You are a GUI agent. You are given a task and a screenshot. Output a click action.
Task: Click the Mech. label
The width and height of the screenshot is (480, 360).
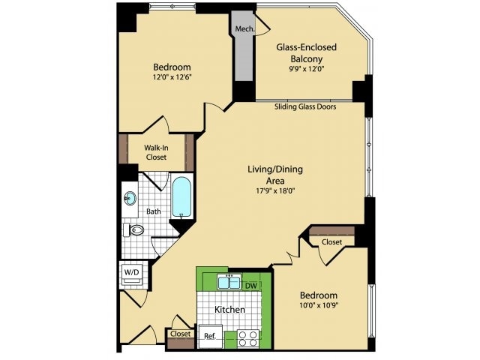pos(244,29)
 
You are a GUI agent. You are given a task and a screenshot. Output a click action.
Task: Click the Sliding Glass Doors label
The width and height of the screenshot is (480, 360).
pos(304,107)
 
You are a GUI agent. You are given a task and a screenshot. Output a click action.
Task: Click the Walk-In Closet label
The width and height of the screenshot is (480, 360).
pos(156,152)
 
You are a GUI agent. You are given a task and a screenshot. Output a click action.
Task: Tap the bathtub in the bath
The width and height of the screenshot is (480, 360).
pos(181,196)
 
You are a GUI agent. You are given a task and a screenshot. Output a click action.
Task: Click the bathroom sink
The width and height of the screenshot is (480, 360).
pos(130,199)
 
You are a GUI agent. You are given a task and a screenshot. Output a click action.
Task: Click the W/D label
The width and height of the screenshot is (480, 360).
pos(130,271)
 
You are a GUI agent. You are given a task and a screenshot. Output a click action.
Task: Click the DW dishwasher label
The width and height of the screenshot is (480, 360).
pos(251,285)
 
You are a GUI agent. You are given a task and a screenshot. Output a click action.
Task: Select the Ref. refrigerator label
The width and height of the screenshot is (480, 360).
pos(210,337)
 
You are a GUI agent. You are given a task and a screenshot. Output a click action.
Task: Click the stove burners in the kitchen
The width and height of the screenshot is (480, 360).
pos(248,338)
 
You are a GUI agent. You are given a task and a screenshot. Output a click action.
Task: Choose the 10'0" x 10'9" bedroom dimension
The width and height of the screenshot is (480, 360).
pos(319,307)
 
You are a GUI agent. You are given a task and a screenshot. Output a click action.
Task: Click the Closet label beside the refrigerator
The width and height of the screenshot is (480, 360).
pos(180,334)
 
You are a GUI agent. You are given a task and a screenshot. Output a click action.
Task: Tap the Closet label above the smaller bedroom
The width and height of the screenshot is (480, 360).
pos(331,242)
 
